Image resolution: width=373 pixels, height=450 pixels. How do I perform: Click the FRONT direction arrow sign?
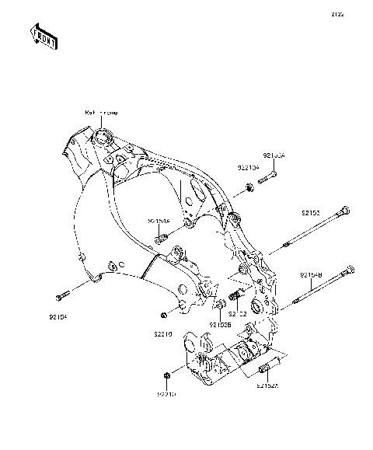tap(44, 36)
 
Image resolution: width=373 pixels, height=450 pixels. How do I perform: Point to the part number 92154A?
tap(158, 221)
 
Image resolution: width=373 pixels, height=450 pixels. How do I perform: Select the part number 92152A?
tap(267, 383)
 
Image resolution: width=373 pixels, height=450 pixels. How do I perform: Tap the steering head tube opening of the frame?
tap(102, 139)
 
